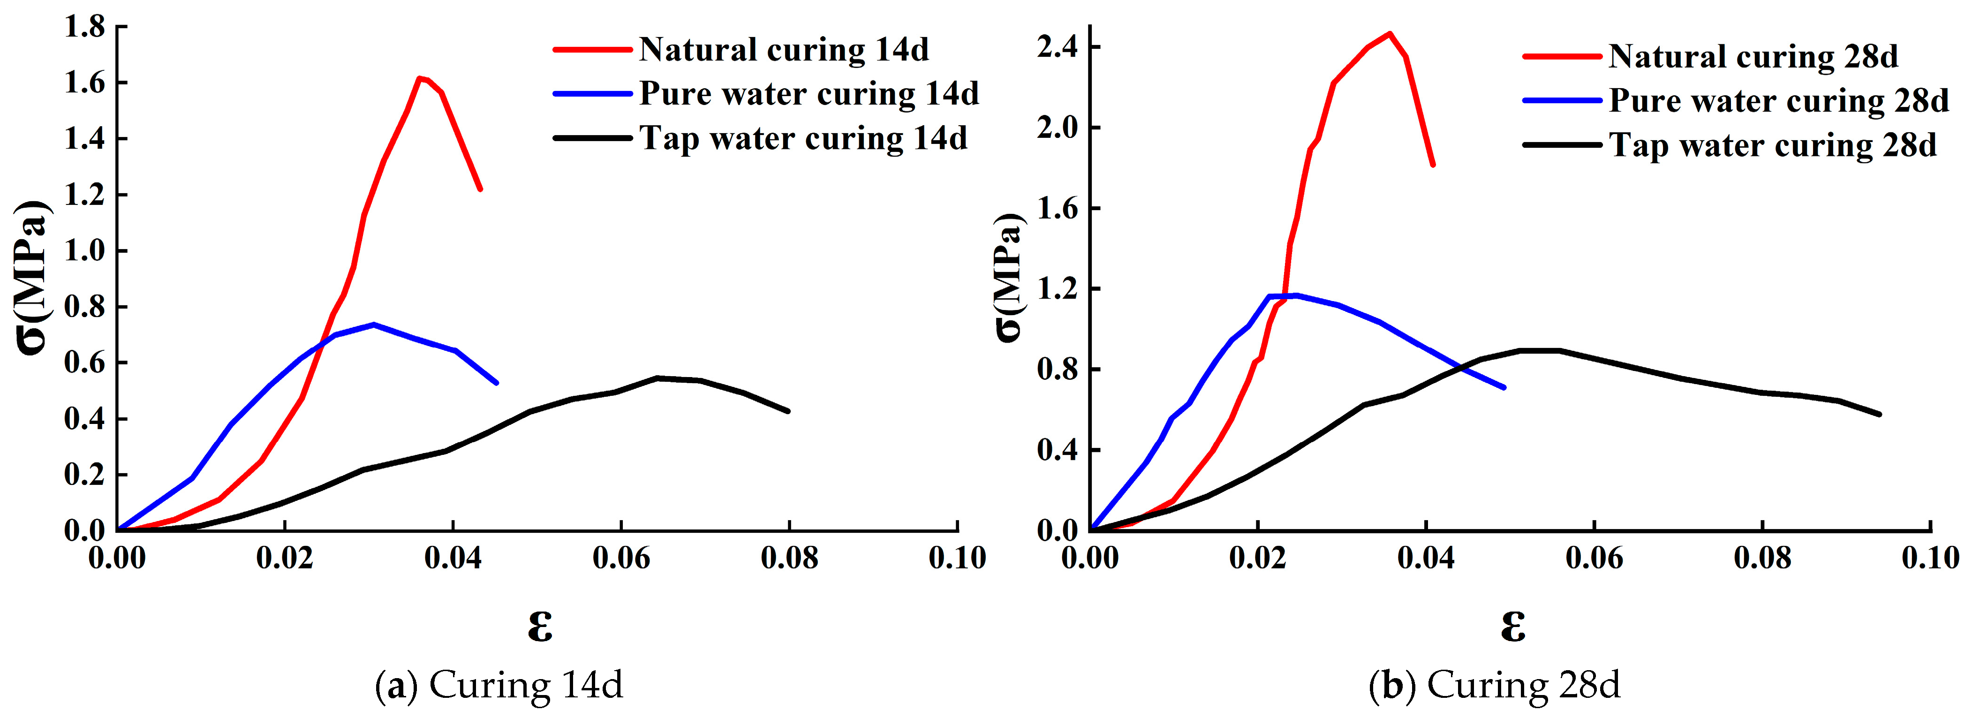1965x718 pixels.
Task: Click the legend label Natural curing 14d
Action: click(783, 50)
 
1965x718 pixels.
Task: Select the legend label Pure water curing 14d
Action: click(809, 94)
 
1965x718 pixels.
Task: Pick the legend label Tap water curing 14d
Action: click(802, 138)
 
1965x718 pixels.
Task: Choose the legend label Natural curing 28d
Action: click(1753, 56)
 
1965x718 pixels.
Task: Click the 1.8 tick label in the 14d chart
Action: click(85, 28)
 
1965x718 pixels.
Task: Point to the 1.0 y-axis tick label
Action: click(85, 251)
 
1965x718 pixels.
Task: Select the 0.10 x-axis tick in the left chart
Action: click(957, 558)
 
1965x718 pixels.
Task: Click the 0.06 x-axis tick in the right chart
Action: click(1594, 558)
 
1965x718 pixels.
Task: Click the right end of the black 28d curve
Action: click(1879, 414)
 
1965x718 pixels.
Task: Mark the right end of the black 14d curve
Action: click(788, 411)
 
